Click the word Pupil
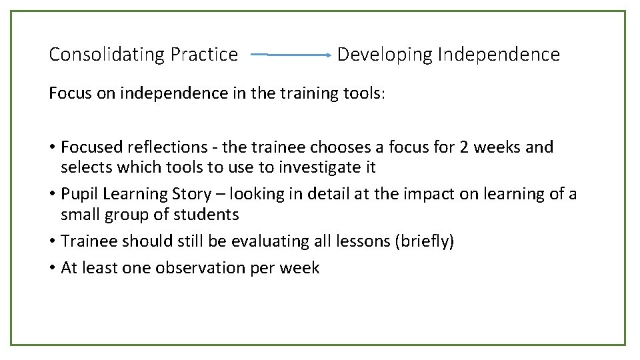77,194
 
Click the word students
207,215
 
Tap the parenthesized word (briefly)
425,241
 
